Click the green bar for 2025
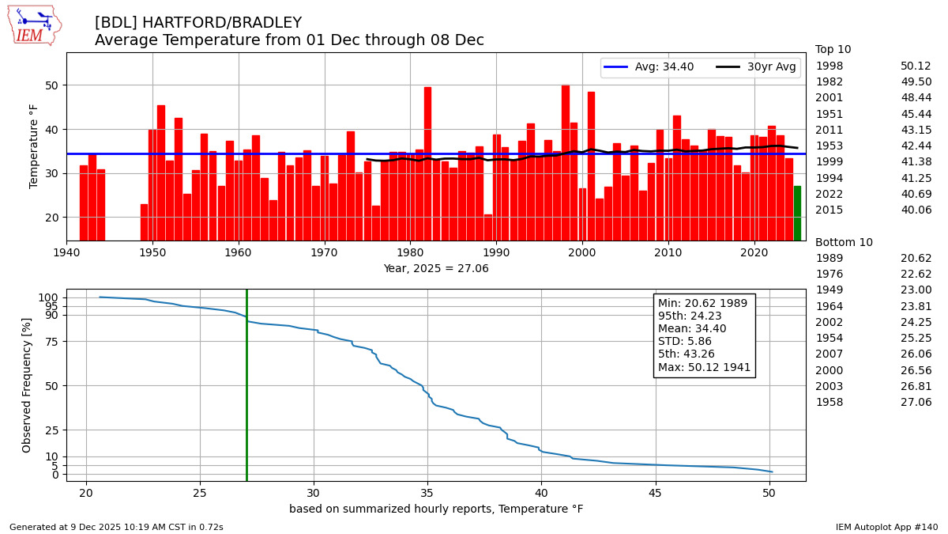point(797,213)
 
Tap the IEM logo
point(34,25)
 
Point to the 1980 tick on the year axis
point(410,252)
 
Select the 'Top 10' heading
point(833,50)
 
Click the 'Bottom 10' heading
point(844,243)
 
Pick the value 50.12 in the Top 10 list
point(916,66)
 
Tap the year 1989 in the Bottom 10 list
point(829,259)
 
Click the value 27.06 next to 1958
point(916,403)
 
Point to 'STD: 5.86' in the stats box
point(685,342)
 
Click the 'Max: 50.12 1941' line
point(704,367)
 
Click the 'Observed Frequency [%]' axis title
point(27,384)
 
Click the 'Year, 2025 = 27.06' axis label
point(436,269)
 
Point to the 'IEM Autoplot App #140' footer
point(886,527)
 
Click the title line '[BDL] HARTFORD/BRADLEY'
point(198,23)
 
